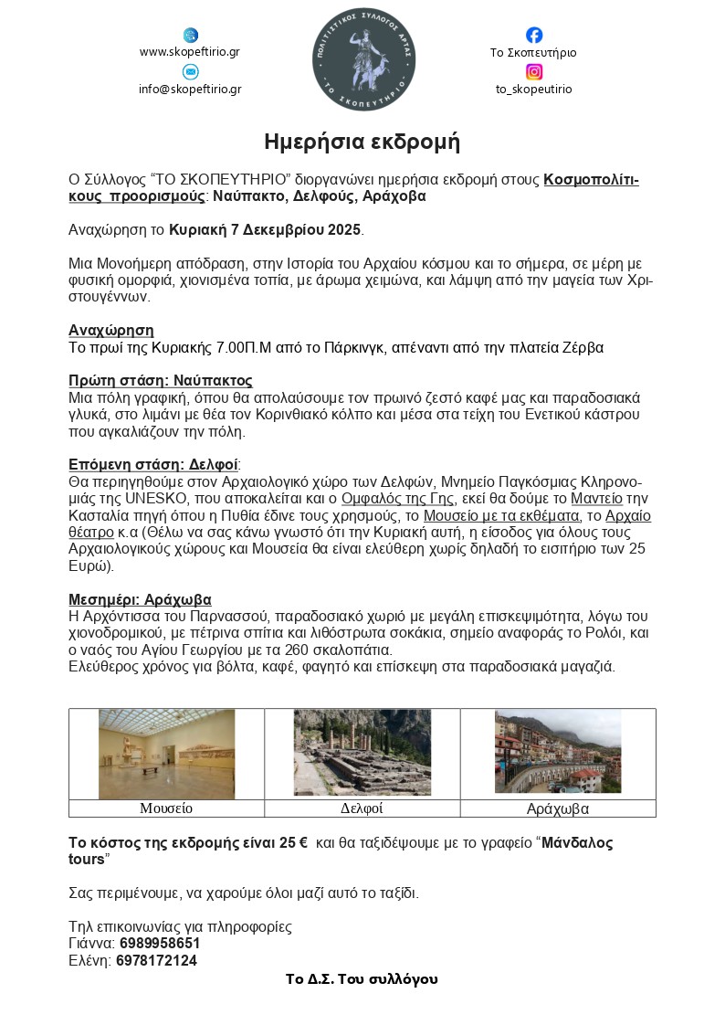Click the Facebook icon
534,35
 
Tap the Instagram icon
534,71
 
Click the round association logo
363,58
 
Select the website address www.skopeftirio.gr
190,52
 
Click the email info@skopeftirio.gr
190,90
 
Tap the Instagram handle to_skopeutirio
534,90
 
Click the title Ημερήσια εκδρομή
362,142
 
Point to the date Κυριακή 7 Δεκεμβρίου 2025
266,228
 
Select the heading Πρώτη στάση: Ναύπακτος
161,380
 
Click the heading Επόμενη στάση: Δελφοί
153,463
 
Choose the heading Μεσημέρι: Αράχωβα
140,599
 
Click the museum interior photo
166,754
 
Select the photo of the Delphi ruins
362,753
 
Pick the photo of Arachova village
557,751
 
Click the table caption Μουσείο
166,808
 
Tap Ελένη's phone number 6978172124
156,960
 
